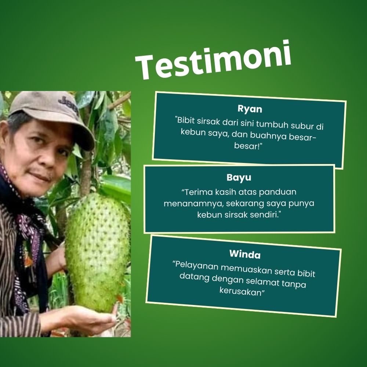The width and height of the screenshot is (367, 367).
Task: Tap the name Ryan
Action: (250, 109)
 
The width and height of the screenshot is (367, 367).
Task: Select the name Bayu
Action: (239, 177)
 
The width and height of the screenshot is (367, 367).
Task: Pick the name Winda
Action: (245, 254)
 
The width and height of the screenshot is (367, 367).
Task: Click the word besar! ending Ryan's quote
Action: (248, 146)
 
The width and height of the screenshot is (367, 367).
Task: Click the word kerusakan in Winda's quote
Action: (240, 291)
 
